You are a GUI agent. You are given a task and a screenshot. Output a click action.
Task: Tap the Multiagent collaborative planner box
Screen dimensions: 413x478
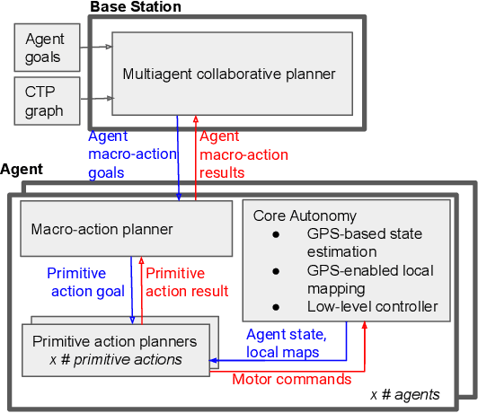click(230, 74)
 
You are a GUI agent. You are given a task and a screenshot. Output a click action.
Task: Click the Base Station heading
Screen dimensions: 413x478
click(135, 7)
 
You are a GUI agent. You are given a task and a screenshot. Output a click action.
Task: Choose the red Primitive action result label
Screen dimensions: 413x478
click(187, 282)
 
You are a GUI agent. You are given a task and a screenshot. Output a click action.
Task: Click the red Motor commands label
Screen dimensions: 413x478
click(292, 379)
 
